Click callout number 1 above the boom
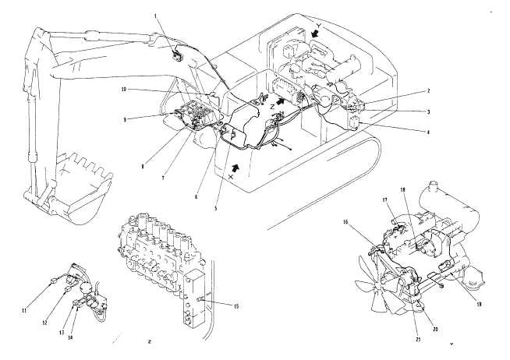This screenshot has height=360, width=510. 155,16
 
